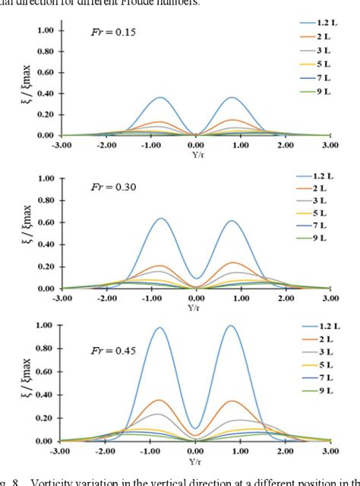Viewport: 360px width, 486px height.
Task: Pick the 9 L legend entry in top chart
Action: (316, 111)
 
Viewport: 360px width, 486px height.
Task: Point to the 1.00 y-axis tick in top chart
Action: (45, 31)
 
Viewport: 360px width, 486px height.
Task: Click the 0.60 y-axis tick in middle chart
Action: (45, 222)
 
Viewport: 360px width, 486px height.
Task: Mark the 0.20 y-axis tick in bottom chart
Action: (45, 418)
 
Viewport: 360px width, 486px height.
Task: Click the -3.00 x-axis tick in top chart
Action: (62, 143)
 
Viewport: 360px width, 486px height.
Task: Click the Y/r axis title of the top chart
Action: (196, 150)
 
